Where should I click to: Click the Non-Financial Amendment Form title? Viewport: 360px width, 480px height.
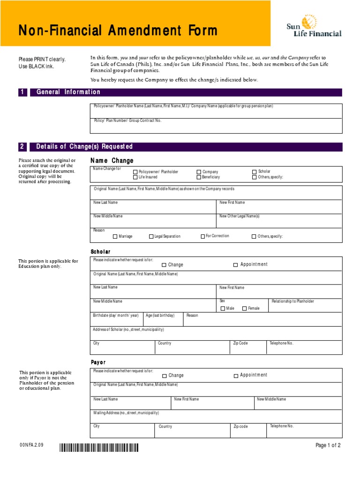pos(118,31)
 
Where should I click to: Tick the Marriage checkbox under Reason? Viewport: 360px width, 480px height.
pos(114,237)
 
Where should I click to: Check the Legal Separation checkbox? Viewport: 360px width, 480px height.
pos(151,237)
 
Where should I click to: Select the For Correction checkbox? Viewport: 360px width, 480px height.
pos(202,236)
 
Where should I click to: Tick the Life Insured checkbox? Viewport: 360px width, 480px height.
pos(135,178)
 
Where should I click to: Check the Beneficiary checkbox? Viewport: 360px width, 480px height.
pos(199,178)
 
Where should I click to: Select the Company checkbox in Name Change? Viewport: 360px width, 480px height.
pos(199,172)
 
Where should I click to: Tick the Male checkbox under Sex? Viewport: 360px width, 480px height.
pos(223,308)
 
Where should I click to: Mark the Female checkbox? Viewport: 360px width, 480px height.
pos(244,308)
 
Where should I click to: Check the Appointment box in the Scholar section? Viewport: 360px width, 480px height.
pos(235,265)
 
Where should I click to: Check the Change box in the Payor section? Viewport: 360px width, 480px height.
pos(165,376)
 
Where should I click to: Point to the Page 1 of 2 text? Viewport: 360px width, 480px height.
pos(328,446)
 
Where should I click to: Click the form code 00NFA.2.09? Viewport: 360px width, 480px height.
pos(31,445)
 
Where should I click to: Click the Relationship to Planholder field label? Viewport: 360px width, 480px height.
pos(292,301)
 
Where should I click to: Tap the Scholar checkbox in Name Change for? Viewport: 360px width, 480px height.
pos(255,172)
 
